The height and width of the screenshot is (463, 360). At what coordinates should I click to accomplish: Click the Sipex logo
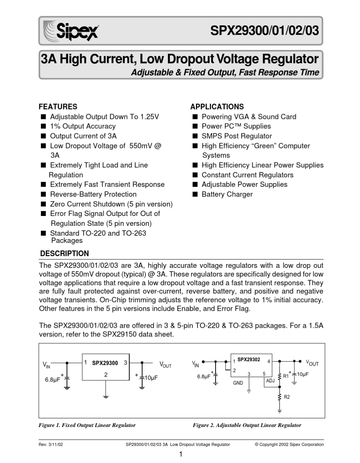pyautogui.click(x=72, y=31)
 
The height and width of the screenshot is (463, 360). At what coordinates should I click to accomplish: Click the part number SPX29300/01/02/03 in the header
pyautogui.click(x=265, y=31)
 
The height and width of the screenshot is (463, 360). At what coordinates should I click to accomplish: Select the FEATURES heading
pyautogui.click(x=58, y=107)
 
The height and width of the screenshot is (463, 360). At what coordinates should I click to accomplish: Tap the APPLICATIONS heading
pyautogui.click(x=217, y=107)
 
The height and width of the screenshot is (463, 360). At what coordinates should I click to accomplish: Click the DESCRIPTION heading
pyautogui.click(x=64, y=253)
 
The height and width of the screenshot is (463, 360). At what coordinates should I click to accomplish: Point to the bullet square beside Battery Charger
pyautogui.click(x=195, y=194)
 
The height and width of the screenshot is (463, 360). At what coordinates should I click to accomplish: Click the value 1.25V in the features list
pyautogui.click(x=149, y=117)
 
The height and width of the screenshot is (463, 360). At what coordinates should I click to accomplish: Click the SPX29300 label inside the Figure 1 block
pyautogui.click(x=105, y=363)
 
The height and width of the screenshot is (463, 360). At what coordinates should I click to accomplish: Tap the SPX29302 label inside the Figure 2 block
pyautogui.click(x=249, y=360)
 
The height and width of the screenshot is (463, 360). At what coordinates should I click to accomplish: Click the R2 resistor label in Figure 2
pyautogui.click(x=287, y=397)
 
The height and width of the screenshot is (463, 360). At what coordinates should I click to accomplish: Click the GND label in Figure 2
pyautogui.click(x=238, y=383)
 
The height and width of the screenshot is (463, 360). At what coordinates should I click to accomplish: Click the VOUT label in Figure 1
pyautogui.click(x=166, y=364)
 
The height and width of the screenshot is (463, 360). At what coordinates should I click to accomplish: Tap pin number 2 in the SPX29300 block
pyautogui.click(x=106, y=374)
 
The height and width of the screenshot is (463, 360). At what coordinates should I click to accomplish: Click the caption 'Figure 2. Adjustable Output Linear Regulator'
pyautogui.click(x=247, y=425)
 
